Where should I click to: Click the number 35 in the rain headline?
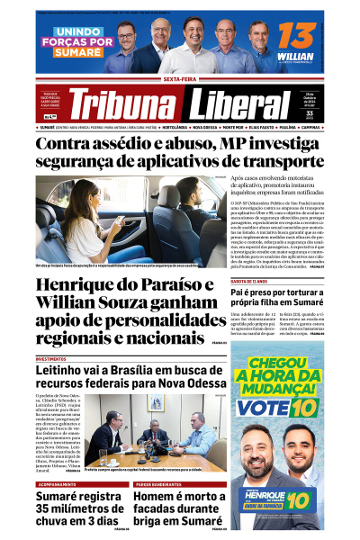(48, 514)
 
